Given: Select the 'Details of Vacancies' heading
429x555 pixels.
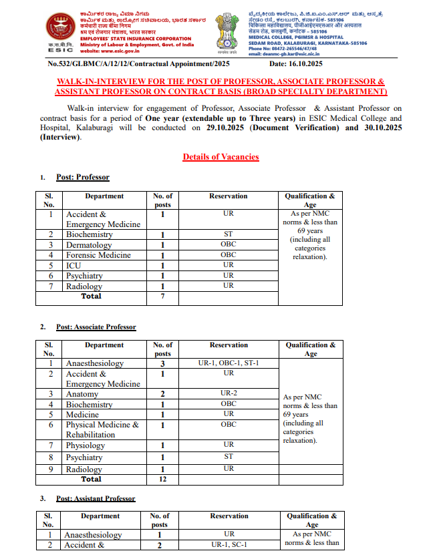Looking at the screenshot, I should pyautogui.click(x=221, y=157).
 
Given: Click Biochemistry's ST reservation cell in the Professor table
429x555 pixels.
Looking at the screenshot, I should pyautogui.click(x=229, y=234).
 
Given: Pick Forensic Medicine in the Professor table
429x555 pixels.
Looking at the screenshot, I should pyautogui.click(x=98, y=255).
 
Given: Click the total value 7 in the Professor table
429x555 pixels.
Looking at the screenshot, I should pyautogui.click(x=162, y=295).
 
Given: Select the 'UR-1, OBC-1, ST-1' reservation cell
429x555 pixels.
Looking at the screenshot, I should pyautogui.click(x=229, y=363).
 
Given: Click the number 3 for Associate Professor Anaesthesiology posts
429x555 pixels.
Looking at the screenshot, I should pyautogui.click(x=162, y=363).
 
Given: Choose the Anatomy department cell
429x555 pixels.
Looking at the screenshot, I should pyautogui.click(x=82, y=394).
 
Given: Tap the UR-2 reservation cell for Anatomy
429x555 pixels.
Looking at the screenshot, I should pyautogui.click(x=229, y=393).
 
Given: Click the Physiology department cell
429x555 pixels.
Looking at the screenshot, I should pyautogui.click(x=86, y=445).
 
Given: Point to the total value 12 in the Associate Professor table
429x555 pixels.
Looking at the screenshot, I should pyautogui.click(x=162, y=479).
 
